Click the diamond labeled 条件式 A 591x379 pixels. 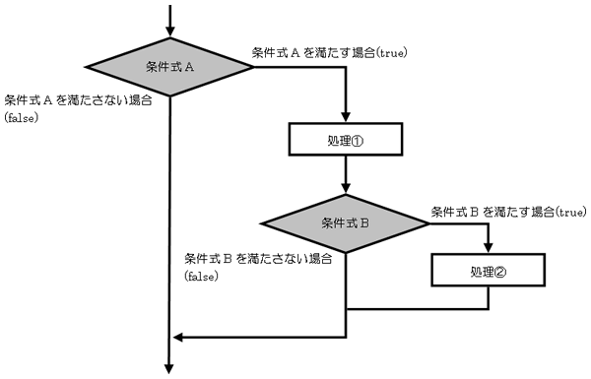pos(170,67)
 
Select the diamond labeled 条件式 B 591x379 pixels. pos(346,223)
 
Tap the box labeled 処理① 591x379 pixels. pos(346,139)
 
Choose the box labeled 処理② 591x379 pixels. pos(489,270)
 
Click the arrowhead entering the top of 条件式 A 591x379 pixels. pos(170,32)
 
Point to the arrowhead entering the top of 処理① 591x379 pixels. pos(346,117)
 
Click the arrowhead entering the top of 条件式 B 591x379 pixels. pos(346,188)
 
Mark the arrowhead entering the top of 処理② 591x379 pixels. pos(489,247)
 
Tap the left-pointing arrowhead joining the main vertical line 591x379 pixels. pos(178,338)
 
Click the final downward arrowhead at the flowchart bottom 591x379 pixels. pos(169,368)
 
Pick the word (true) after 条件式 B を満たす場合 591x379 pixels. pos(570,213)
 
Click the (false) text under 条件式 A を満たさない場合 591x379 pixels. pos(22,118)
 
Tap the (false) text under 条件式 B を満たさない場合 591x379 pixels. pos(202,277)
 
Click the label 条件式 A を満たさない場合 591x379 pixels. pos(78,100)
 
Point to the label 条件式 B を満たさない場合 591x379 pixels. pos(258,259)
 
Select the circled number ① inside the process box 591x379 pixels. pos(357,142)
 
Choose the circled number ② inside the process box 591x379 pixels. pos(499,272)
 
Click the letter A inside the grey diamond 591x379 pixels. pos(189,68)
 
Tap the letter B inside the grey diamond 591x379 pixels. pos(364,223)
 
